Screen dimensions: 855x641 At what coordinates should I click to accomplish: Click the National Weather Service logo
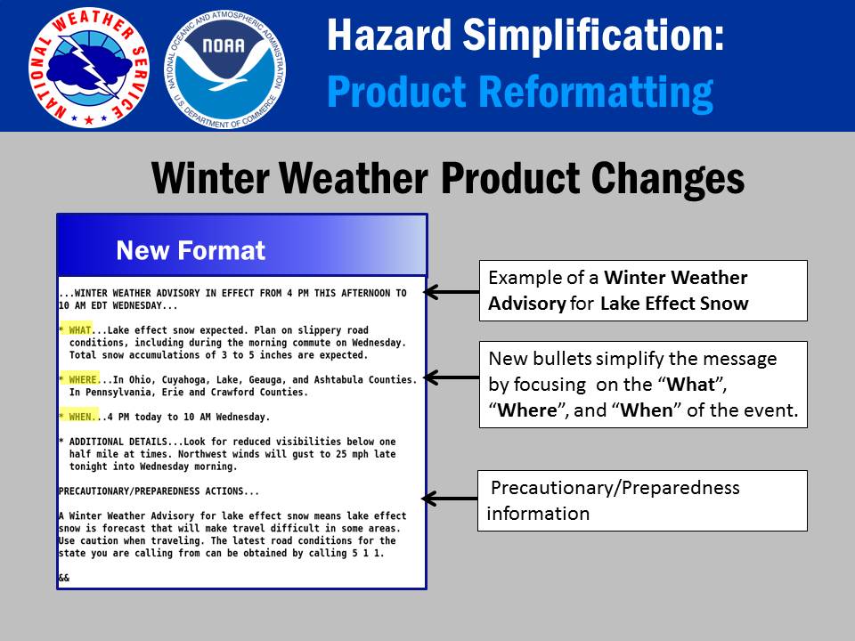coord(89,68)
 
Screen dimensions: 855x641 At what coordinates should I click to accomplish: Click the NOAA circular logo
coord(224,69)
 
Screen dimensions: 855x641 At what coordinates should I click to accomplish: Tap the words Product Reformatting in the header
coord(520,92)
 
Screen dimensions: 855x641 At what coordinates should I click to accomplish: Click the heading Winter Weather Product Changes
coord(448,178)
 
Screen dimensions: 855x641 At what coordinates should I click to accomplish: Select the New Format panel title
coord(191,250)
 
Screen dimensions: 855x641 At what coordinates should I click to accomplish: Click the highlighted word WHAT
coord(80,330)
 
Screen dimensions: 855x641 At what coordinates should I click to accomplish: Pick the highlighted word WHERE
coord(83,379)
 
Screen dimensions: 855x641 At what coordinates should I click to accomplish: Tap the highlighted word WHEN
coord(80,417)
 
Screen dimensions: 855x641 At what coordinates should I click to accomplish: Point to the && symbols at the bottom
coord(64,578)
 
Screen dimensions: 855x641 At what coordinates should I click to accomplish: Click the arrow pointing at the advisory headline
coord(452,292)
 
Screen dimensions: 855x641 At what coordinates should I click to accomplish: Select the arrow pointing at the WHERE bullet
coord(452,377)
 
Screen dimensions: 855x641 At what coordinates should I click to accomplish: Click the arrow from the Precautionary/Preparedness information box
coord(450,499)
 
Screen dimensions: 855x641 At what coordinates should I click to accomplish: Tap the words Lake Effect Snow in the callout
coord(674,303)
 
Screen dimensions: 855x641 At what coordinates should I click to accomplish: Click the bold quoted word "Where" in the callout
coord(527,410)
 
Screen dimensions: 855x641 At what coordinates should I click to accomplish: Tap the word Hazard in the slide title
coord(389,35)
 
